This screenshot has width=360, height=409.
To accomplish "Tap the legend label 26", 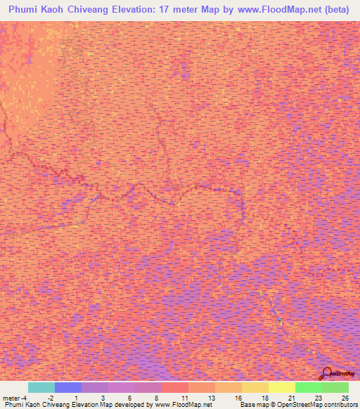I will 344,397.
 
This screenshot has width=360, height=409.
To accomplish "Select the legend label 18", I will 264,397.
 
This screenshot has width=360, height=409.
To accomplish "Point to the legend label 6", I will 129,397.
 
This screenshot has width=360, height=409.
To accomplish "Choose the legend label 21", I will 290,397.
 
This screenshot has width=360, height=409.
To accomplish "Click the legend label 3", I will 103,397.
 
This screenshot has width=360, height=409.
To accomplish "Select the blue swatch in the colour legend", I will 67,387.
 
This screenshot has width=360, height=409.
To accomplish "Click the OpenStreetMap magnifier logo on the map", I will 326,373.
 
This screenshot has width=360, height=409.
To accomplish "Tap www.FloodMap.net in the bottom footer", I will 183,405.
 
